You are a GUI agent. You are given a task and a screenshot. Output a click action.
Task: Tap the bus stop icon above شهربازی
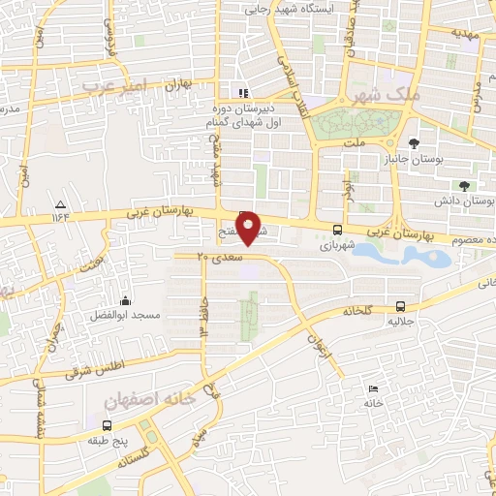point(337,231)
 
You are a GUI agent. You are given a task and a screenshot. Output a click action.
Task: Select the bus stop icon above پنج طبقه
point(106,424)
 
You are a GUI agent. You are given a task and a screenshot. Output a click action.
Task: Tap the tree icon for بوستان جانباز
point(415,143)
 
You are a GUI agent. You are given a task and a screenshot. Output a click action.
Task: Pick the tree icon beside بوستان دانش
point(464,185)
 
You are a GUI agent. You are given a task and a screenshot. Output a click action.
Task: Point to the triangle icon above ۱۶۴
point(60,204)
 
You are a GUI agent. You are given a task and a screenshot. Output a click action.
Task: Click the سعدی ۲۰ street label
point(217,256)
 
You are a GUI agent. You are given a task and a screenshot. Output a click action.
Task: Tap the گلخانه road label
point(358,311)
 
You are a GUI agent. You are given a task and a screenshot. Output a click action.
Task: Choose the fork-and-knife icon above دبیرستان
point(243,94)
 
